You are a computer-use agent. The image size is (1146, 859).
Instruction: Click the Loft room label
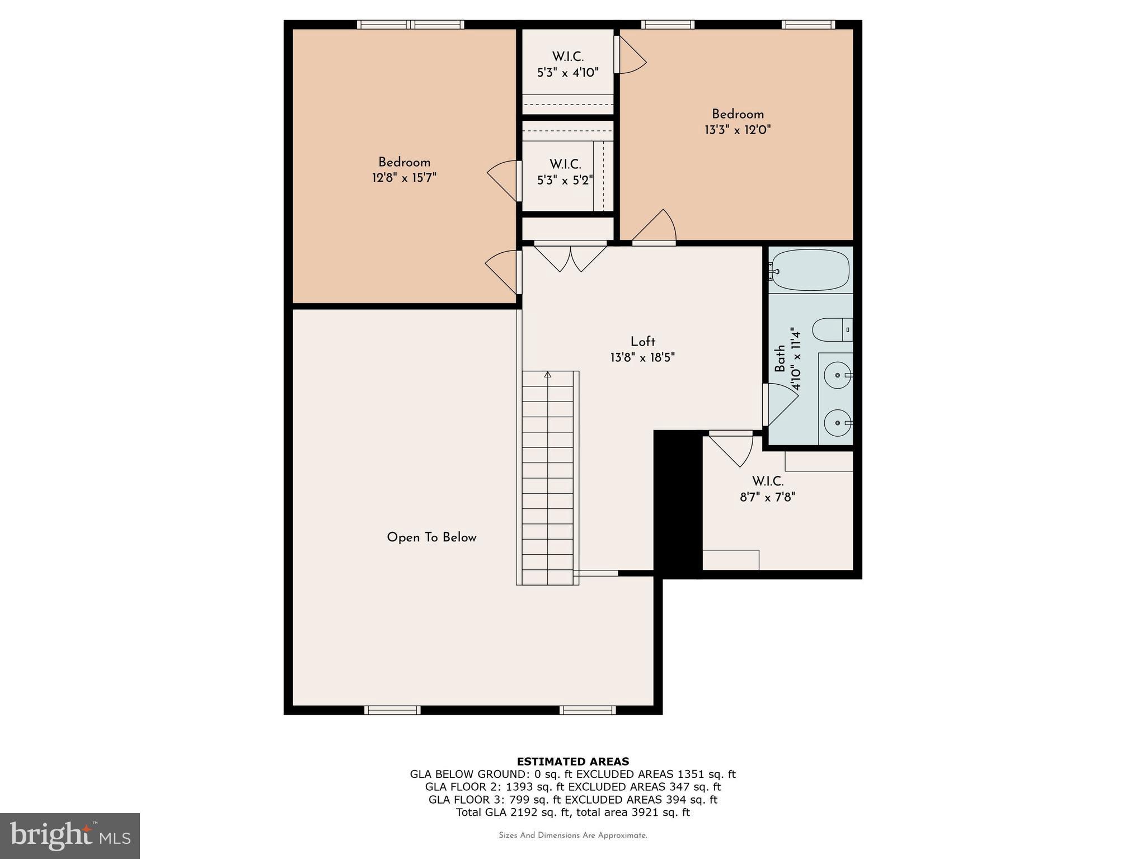tap(642, 342)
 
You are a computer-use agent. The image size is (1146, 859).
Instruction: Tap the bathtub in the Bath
tap(810, 270)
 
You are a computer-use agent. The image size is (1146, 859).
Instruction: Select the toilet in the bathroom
tap(832, 329)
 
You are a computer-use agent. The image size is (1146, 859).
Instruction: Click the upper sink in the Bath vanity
tap(837, 375)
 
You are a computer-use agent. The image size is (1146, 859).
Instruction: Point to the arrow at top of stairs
tap(547, 375)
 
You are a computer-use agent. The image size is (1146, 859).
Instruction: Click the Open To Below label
tap(431, 537)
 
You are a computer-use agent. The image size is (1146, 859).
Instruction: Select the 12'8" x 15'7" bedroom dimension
tap(404, 178)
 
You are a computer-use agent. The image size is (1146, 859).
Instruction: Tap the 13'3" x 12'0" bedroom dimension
tap(738, 130)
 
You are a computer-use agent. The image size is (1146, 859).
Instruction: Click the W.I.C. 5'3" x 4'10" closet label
tap(567, 65)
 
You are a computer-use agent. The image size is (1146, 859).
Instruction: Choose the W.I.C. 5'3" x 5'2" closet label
tap(565, 172)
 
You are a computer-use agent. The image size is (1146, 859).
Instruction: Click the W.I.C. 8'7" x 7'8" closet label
tap(767, 489)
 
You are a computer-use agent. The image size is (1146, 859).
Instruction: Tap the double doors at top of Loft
tap(570, 257)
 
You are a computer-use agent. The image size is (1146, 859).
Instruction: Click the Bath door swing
tap(781, 404)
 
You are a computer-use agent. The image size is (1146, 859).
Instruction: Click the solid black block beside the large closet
tap(678, 503)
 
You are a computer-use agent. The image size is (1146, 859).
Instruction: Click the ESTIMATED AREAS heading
tap(572, 761)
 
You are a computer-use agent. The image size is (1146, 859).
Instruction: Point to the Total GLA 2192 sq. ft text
tap(572, 813)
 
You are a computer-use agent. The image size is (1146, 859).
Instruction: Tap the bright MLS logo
tap(70, 836)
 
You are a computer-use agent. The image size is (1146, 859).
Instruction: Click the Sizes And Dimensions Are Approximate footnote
tap(572, 836)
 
